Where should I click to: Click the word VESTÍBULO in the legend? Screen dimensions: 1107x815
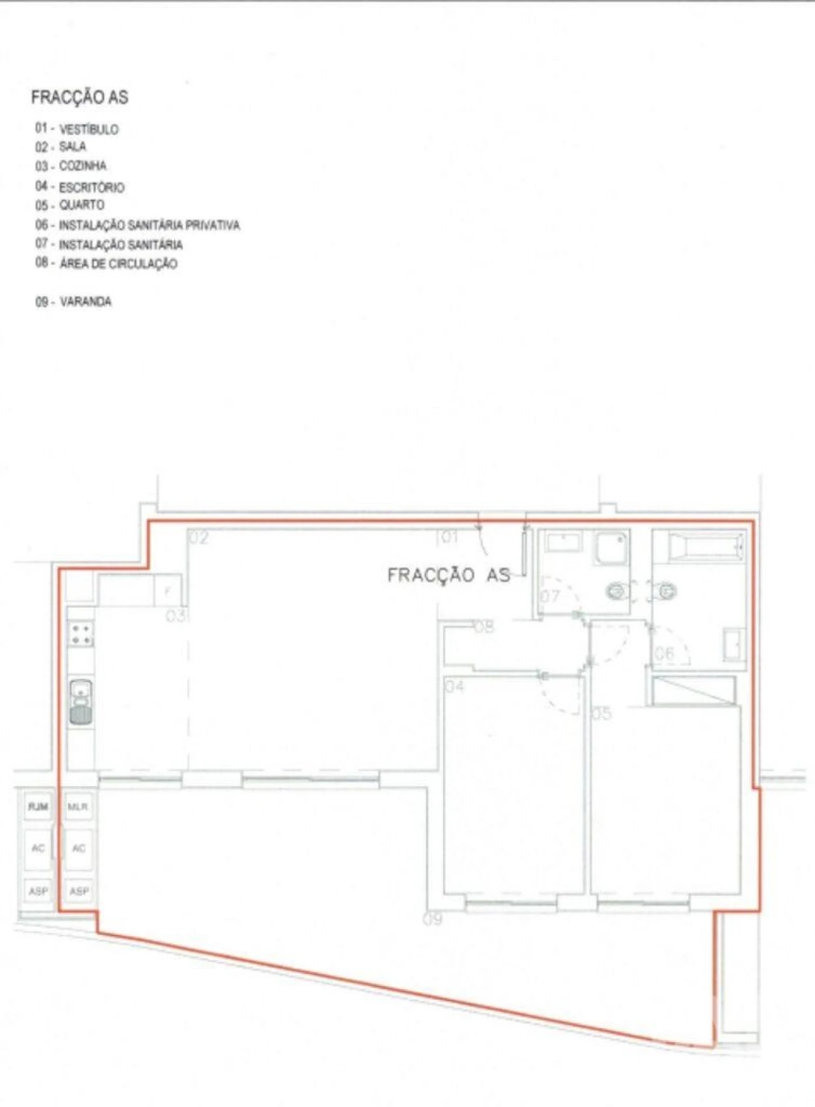click(x=89, y=129)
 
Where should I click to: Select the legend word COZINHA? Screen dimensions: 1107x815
click(x=83, y=166)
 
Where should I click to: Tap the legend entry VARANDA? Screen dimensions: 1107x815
click(x=85, y=302)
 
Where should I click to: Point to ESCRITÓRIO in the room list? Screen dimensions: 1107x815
click(x=92, y=188)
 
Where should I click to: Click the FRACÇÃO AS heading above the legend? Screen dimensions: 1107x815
click(x=80, y=97)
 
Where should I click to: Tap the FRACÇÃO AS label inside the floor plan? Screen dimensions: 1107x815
click(x=449, y=575)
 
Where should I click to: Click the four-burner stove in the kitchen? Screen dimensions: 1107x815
click(x=81, y=634)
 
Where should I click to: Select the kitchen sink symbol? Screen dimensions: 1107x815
click(x=81, y=702)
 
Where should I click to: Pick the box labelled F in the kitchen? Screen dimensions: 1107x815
click(x=168, y=591)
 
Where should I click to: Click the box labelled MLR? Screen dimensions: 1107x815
click(x=78, y=807)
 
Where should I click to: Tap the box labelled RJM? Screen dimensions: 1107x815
click(x=38, y=807)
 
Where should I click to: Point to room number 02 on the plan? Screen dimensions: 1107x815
click(x=199, y=539)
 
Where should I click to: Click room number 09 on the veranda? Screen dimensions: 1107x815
click(x=432, y=919)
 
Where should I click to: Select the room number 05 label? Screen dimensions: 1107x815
click(x=602, y=713)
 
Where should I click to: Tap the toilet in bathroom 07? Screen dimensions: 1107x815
click(x=616, y=592)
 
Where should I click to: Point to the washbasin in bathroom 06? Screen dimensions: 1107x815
click(x=734, y=644)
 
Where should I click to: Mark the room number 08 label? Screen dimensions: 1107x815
click(x=484, y=627)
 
